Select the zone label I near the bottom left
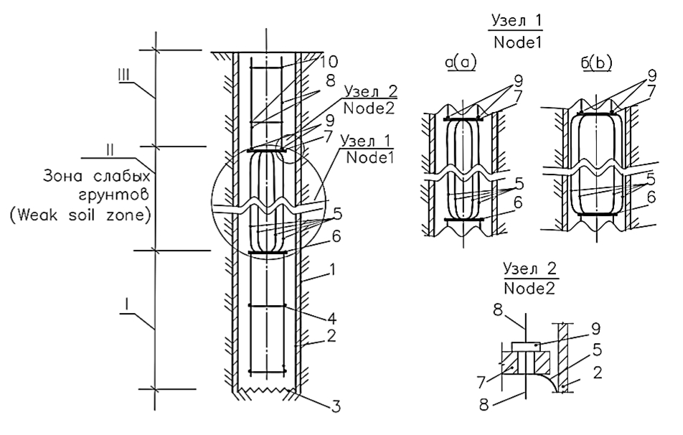126,306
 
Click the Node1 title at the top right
518,44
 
